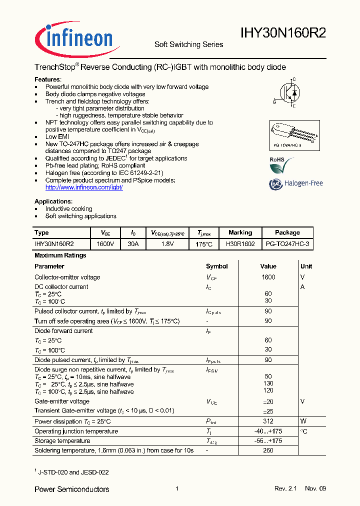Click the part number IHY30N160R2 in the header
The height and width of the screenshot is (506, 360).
283,33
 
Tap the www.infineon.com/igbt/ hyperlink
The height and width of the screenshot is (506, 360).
84,187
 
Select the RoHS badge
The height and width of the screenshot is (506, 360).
278,165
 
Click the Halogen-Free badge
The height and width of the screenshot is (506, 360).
296,183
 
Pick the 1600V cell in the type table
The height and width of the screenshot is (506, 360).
105,243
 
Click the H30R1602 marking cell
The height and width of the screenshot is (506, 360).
240,243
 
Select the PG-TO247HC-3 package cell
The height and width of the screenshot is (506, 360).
287,243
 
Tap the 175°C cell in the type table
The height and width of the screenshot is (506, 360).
204,244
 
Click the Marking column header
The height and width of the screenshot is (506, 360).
240,232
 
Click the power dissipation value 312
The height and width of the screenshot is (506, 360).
268,421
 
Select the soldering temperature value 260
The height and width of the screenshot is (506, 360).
268,450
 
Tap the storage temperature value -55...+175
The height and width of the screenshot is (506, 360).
268,441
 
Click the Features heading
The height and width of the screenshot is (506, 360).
47,79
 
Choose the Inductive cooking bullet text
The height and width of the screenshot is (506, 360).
69,209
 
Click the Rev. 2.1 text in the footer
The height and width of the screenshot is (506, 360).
286,488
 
